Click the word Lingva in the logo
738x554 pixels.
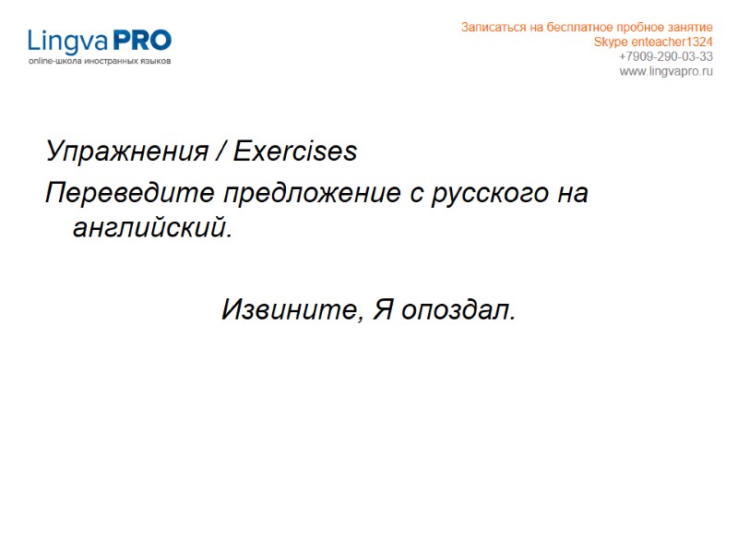[68, 41]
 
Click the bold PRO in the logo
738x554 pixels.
[141, 41]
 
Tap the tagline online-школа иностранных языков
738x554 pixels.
[100, 61]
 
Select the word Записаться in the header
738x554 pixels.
[489, 28]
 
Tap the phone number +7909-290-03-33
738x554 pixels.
[665, 57]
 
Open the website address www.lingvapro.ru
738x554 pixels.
[665, 72]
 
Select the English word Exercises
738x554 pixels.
[295, 151]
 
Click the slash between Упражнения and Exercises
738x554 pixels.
[222, 151]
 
